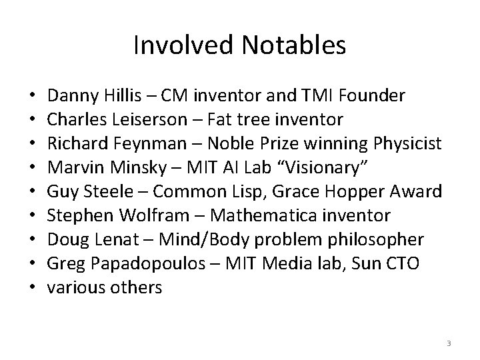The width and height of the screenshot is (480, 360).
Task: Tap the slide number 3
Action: (x=449, y=343)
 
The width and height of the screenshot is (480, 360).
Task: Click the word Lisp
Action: (x=257, y=192)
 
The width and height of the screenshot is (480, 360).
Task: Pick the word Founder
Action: (x=371, y=96)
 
